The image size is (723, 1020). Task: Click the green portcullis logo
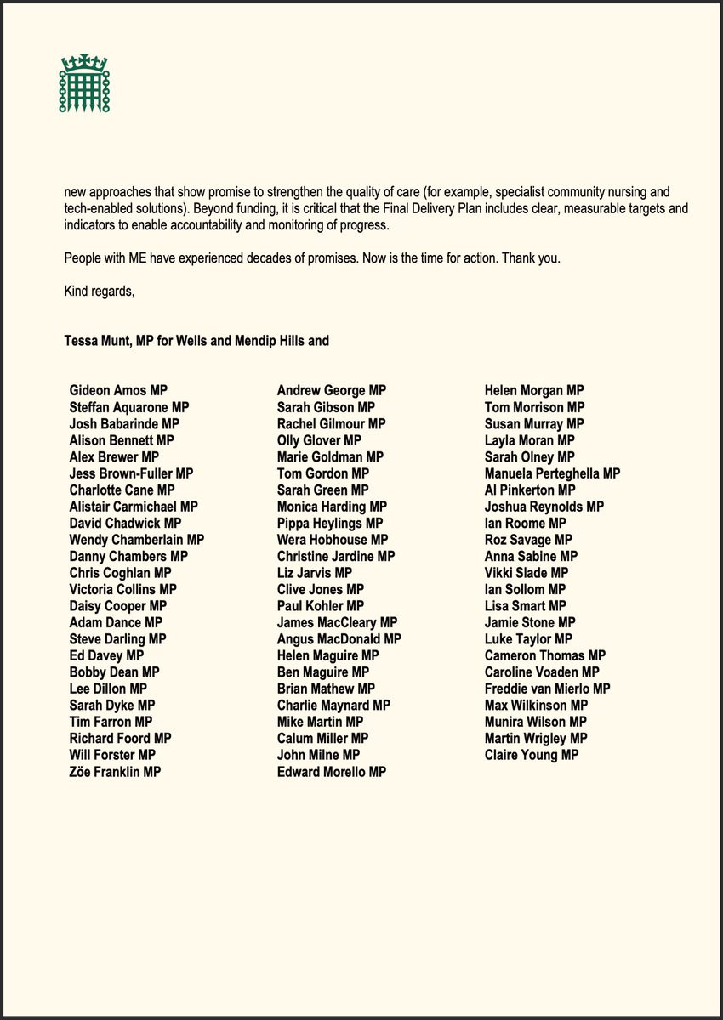84,83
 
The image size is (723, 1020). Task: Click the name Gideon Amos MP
118,391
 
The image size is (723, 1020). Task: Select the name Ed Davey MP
106,656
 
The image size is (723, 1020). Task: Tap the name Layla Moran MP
529,440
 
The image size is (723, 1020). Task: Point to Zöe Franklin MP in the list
115,772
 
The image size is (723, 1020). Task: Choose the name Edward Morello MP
331,772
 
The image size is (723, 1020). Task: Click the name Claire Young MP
531,755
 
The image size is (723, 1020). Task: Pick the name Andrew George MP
331,391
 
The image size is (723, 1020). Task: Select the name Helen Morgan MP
534,391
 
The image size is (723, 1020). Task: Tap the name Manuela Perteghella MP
552,473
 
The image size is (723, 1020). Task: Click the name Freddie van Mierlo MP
547,688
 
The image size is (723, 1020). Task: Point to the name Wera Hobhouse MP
333,540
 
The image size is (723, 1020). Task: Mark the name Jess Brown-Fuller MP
131,473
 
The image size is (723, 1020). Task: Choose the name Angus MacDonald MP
339,639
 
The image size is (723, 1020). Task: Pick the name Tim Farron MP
111,722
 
